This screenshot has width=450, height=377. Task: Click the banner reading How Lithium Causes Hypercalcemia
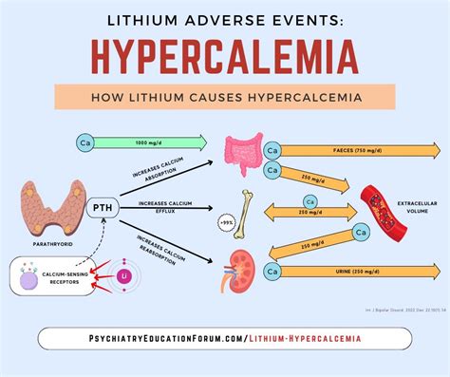(225, 98)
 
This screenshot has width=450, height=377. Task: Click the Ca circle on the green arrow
(84, 142)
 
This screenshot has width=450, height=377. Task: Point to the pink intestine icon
(242, 152)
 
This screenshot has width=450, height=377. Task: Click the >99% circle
(227, 223)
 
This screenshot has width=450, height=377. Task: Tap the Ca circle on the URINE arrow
(272, 273)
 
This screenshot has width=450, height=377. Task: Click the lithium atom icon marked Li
(123, 274)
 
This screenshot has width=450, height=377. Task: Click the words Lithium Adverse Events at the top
(225, 18)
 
